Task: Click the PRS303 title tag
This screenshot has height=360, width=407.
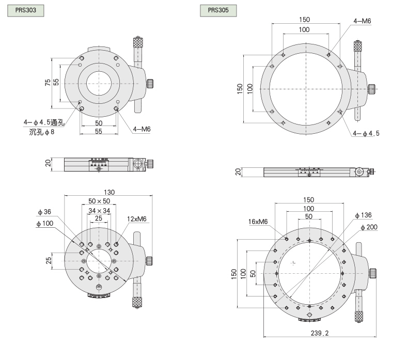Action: [x=25, y=10]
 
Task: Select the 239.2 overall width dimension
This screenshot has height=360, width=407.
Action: [x=320, y=334]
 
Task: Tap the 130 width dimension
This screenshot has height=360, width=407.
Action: [x=109, y=192]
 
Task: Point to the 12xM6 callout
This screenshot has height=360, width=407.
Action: [x=137, y=219]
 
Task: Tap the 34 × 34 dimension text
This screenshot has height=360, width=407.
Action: [x=99, y=211]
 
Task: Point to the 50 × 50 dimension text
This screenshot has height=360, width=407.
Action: [x=99, y=201]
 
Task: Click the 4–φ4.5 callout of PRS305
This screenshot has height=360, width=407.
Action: [x=366, y=133]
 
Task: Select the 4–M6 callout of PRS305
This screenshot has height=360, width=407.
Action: [x=362, y=21]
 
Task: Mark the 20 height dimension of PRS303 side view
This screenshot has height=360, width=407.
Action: [x=48, y=164]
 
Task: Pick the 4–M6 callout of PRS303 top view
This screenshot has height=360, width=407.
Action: [x=141, y=129]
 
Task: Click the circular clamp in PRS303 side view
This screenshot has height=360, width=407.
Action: [x=138, y=164]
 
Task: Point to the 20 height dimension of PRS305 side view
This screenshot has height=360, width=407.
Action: [x=239, y=172]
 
